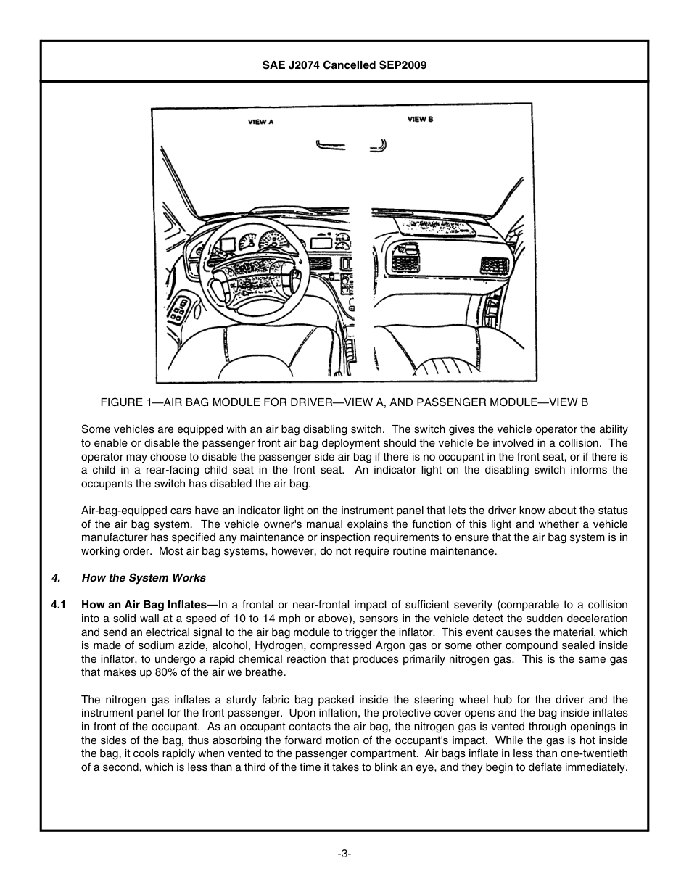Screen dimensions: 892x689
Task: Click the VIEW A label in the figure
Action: tap(260, 122)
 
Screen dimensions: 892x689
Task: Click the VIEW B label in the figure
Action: tap(420, 119)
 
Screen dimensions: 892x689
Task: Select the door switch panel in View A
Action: tap(181, 310)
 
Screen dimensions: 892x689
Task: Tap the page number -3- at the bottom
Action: tap(344, 854)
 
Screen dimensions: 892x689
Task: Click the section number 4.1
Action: tap(59, 605)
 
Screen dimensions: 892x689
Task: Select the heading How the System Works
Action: tap(144, 578)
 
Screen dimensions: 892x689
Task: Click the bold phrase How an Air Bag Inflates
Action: tap(147, 605)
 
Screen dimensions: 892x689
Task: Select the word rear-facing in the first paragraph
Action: tap(175, 470)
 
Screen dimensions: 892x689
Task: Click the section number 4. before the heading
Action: tap(56, 578)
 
